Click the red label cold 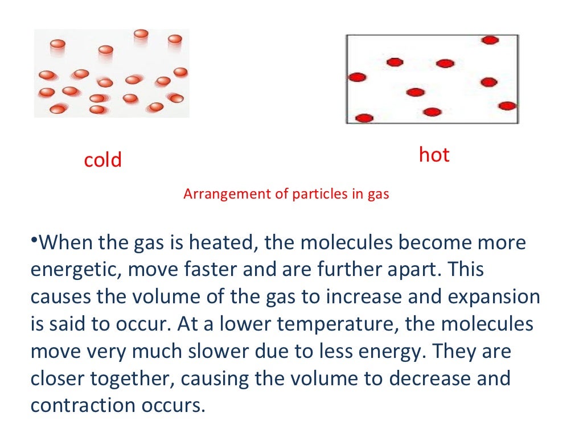tap(103, 160)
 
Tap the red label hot tap(434, 155)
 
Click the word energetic tap(76, 270)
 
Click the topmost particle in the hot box tap(490, 40)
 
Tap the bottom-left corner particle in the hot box tap(364, 118)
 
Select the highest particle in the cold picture tap(141, 34)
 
